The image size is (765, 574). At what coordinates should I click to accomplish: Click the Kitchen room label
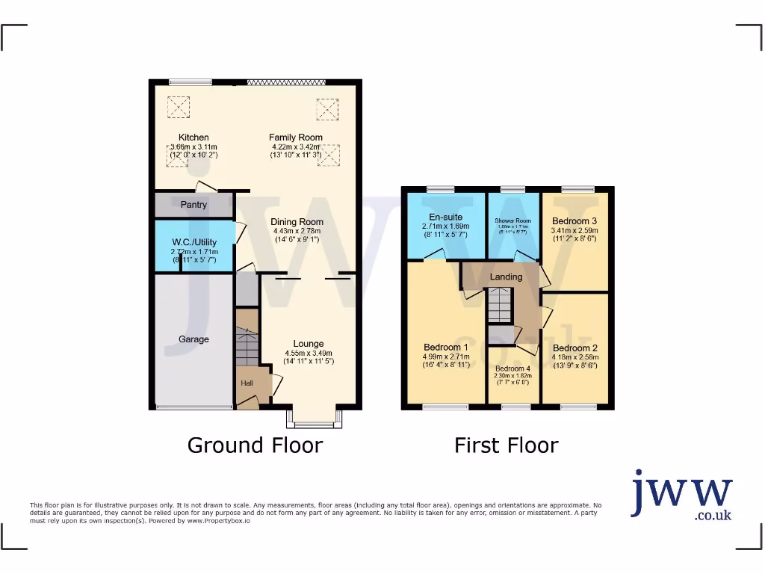tap(193, 138)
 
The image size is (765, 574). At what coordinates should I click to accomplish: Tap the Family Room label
tap(296, 138)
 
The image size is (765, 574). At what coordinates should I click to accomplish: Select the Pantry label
tap(193, 204)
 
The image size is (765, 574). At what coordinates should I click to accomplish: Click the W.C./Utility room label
tap(193, 241)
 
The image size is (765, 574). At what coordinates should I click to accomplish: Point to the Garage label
tap(193, 339)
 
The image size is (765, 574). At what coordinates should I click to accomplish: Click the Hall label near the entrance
tap(247, 383)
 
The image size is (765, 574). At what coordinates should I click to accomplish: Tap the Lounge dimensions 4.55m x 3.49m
tap(309, 353)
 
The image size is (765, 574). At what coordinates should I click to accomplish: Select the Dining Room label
tap(297, 222)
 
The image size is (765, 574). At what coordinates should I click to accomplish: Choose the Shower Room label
tap(512, 221)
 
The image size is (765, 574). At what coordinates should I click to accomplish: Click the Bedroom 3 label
tap(574, 221)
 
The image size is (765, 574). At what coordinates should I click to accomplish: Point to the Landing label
tap(506, 277)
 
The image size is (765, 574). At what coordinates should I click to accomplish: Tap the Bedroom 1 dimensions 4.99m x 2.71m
tap(446, 357)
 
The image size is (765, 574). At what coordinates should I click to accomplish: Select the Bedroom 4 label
tap(512, 368)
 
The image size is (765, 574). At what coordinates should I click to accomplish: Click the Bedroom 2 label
tap(574, 348)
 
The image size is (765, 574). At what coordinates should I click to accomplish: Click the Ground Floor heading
tap(255, 445)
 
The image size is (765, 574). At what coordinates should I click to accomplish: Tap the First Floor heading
tap(507, 445)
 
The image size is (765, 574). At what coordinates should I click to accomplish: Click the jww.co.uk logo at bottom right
tap(681, 495)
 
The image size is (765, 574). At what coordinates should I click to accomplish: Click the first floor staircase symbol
tap(499, 305)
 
